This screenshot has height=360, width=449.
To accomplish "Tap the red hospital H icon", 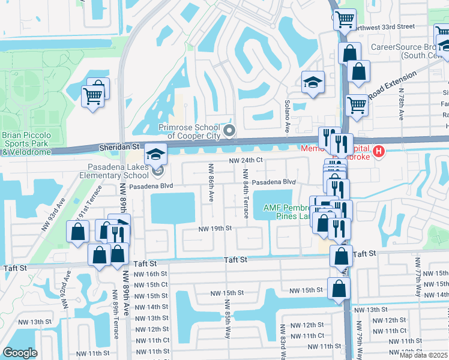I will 378,151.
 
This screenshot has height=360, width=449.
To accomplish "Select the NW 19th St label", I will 216,229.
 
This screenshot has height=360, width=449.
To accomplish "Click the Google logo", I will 20,353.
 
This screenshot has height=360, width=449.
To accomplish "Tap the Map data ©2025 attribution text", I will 423,355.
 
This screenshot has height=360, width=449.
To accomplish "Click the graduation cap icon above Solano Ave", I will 312,84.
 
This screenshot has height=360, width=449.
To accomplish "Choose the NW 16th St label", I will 150,274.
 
